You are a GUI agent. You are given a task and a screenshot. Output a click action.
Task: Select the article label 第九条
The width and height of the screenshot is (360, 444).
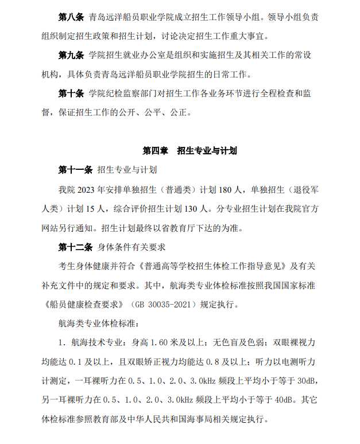71,56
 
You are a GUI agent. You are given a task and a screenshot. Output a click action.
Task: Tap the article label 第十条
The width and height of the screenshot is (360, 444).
71,93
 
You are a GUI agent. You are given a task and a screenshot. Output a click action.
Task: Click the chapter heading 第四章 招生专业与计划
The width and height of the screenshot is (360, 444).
190,151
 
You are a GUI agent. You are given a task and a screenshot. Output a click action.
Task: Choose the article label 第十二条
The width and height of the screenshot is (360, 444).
75,247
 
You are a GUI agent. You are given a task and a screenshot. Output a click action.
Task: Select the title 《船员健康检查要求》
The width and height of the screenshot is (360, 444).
87,305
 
